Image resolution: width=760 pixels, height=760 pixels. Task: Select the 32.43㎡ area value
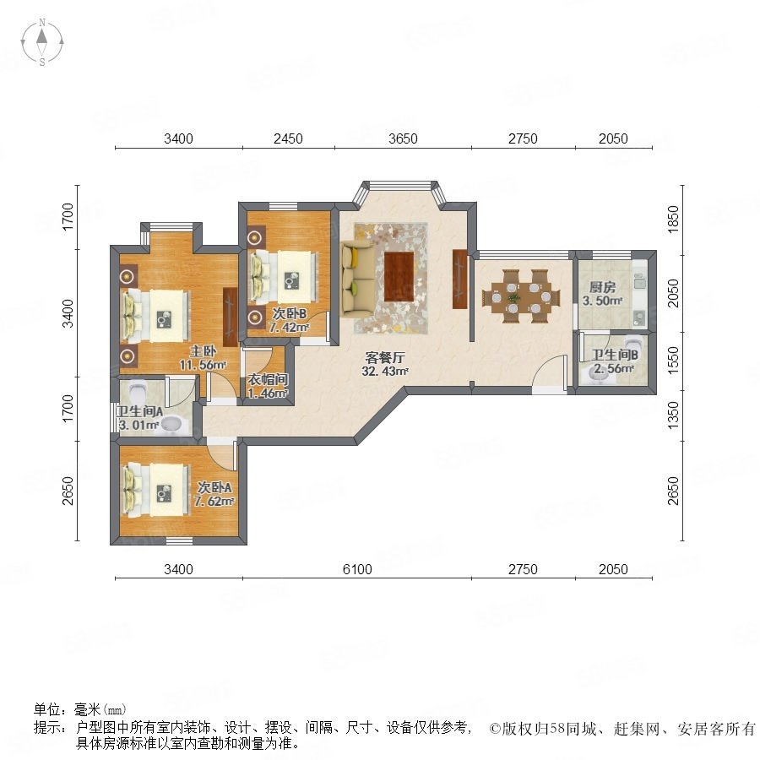[384, 372]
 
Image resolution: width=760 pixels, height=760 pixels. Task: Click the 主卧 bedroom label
[202, 351]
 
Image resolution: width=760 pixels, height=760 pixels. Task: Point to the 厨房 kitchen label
[602, 287]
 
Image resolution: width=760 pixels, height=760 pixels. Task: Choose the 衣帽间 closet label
[268, 379]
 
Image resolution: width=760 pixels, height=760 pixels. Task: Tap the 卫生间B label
[614, 355]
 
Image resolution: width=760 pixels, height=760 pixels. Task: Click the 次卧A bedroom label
[214, 487]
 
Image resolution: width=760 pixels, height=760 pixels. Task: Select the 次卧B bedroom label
[289, 314]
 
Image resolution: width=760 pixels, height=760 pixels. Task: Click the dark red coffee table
[399, 277]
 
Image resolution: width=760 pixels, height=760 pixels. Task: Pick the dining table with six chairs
[521, 296]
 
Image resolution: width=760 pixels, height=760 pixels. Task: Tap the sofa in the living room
[358, 280]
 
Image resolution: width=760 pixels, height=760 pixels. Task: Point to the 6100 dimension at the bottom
[357, 569]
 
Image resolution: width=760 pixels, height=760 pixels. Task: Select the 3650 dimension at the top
[403, 138]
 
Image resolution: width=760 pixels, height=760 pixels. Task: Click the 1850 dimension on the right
[673, 219]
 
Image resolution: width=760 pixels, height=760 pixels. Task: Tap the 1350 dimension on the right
[673, 415]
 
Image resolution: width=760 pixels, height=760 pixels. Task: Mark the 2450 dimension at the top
[288, 138]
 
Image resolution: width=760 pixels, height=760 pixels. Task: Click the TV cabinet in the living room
[460, 279]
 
